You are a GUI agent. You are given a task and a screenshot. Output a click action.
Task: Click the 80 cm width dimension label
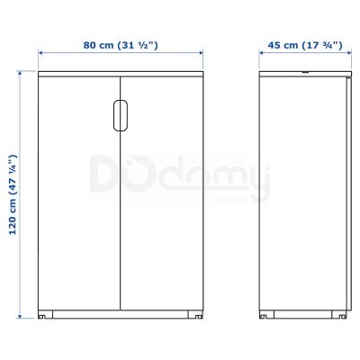tap(121, 45)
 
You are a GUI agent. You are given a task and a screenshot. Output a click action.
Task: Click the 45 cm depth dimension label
tap(305, 45)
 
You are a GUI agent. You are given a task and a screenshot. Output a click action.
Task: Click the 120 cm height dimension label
tap(13, 194)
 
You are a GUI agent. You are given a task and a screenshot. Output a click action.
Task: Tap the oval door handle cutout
tap(121, 115)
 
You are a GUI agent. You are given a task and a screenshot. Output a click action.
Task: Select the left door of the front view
tap(79, 193)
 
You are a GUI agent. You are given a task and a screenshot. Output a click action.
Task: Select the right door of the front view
tap(162, 193)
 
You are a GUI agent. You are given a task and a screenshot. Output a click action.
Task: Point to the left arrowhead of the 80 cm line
tap(40, 53)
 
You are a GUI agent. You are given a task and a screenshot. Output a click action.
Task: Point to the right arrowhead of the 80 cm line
tap(201, 53)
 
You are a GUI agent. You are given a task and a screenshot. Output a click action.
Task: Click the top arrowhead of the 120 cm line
tap(20, 74)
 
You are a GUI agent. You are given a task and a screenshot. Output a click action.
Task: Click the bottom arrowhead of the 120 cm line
tap(20, 316)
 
